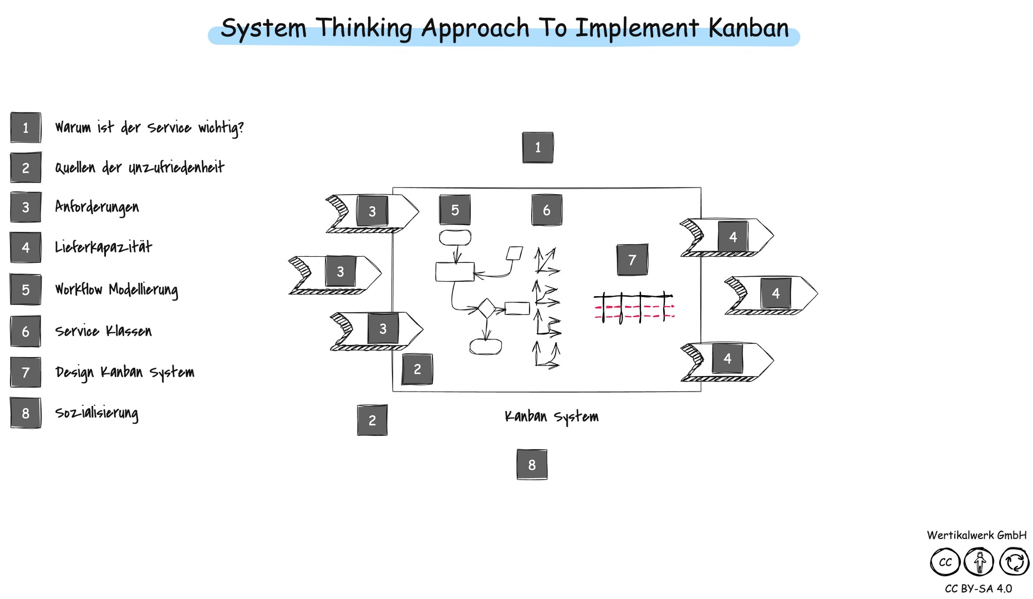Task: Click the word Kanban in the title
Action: point(748,28)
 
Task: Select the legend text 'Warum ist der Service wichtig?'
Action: point(149,128)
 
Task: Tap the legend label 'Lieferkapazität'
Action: point(103,247)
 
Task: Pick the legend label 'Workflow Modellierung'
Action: point(116,289)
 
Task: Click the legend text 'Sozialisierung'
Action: point(96,413)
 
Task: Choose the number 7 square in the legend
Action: point(26,372)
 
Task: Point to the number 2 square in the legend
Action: point(26,167)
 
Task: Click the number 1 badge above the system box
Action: point(537,148)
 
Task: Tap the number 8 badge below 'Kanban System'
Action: point(532,465)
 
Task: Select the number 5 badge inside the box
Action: point(455,210)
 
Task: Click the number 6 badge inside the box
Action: point(546,210)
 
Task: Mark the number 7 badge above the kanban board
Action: point(632,260)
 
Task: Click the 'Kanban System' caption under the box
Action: point(551,417)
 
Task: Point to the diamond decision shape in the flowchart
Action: point(486,308)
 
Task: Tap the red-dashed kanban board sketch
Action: point(634,308)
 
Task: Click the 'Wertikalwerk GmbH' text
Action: point(976,535)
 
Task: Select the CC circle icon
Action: point(945,562)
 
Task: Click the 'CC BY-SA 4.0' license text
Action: point(978,588)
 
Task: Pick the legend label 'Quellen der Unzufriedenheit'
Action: point(139,167)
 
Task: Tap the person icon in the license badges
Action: point(979,562)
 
